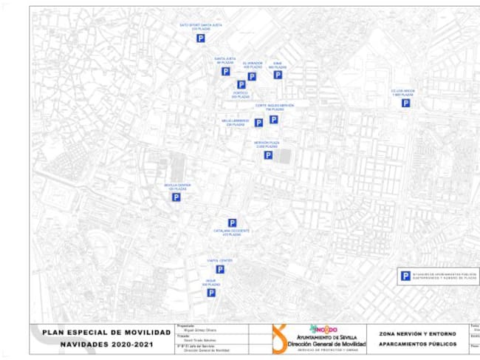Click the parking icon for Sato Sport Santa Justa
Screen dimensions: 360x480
[200, 38]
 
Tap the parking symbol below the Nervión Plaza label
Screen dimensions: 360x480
[268, 155]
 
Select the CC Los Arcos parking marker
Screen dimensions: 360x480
[405, 103]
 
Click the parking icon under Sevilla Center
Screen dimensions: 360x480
[176, 197]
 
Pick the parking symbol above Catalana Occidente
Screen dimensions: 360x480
[232, 223]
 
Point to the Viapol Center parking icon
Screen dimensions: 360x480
[220, 269]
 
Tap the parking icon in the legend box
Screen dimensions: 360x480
[405, 276]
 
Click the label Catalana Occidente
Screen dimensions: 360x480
[232, 232]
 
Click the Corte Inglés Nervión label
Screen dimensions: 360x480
[275, 106]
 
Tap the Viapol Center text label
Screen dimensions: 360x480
[220, 260]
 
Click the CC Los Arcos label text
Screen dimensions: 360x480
[405, 92]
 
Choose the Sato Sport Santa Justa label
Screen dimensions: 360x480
[201, 26]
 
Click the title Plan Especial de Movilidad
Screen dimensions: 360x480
[101, 332]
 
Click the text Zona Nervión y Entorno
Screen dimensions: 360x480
[417, 334]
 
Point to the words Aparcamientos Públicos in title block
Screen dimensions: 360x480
[417, 344]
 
